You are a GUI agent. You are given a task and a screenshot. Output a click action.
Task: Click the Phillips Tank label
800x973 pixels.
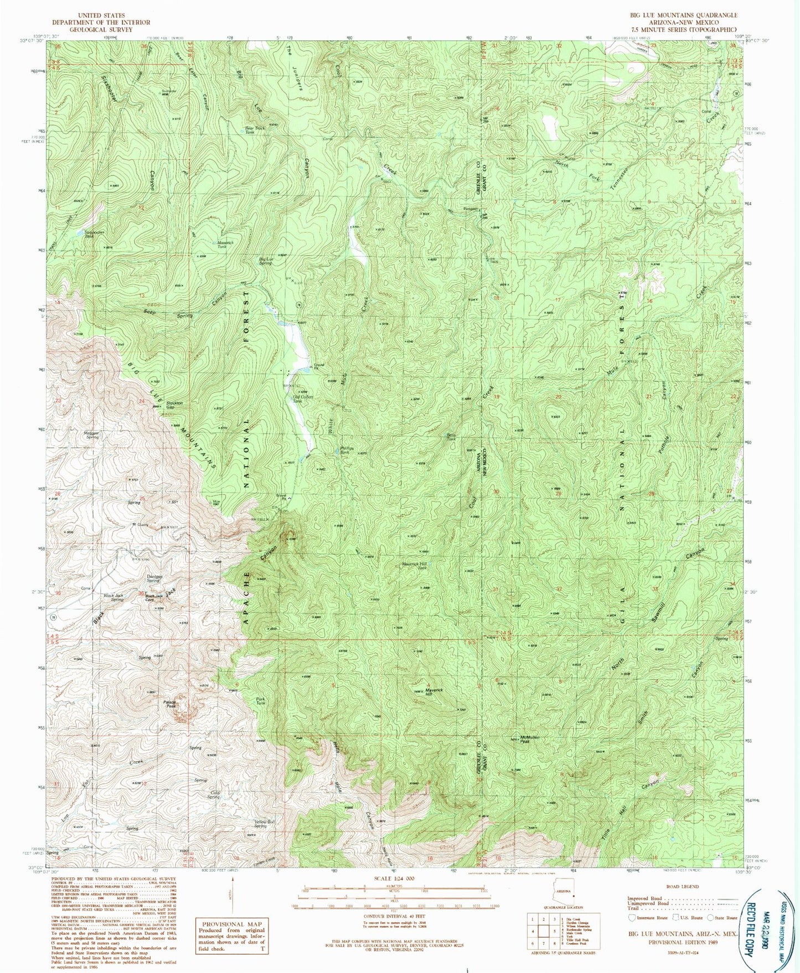[x=346, y=450]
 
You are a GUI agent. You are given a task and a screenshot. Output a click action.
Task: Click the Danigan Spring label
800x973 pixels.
[x=153, y=579]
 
